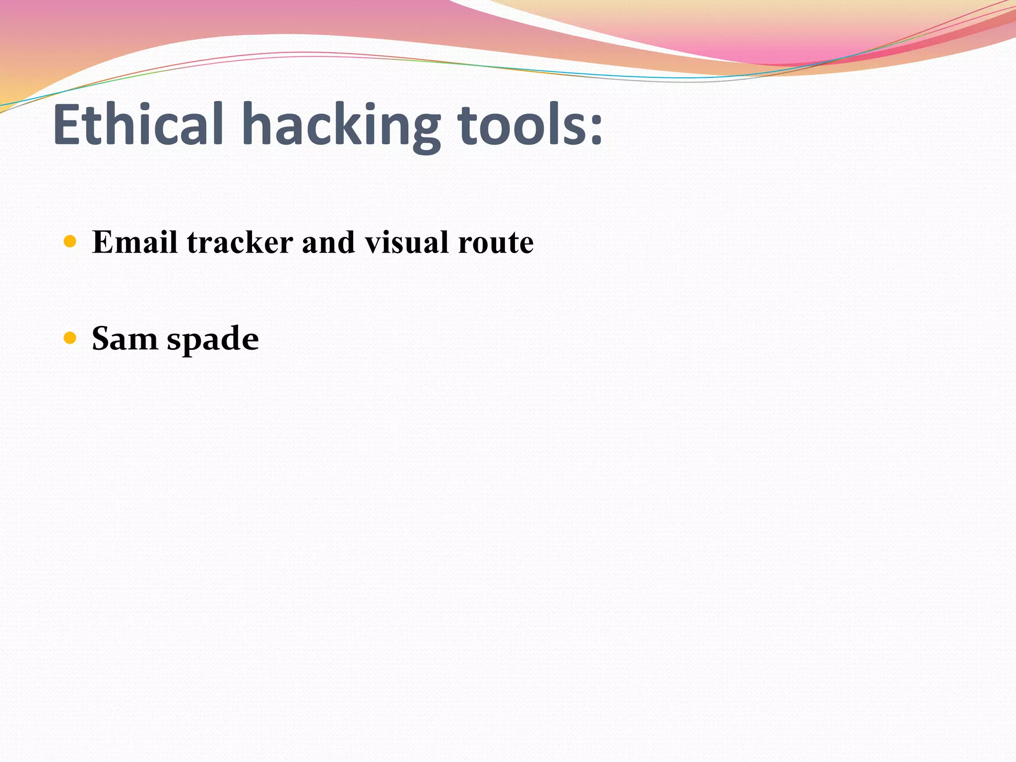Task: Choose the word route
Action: (x=496, y=243)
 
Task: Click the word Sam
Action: (x=125, y=339)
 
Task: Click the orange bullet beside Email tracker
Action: (x=70, y=242)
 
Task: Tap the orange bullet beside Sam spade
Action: (x=70, y=338)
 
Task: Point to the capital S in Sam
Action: (x=101, y=338)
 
